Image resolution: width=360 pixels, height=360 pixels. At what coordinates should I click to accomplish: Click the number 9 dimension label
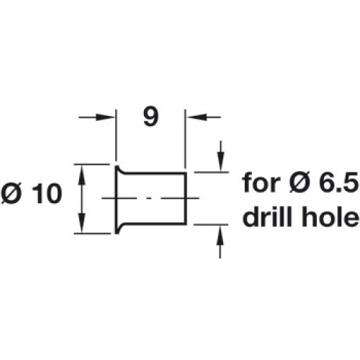(x=151, y=117)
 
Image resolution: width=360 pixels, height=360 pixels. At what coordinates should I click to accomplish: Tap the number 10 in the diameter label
(x=47, y=194)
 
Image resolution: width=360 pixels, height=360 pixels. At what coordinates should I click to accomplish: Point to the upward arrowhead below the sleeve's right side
(x=220, y=235)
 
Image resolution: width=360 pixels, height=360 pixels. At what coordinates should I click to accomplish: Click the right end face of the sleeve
(x=186, y=198)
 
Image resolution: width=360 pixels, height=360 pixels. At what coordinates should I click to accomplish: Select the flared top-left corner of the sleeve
(x=117, y=166)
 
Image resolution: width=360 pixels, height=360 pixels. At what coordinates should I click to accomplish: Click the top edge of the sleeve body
(x=155, y=173)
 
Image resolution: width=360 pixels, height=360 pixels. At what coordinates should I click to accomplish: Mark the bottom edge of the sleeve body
(x=155, y=224)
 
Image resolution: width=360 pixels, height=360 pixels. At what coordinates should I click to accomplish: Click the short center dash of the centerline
(x=150, y=198)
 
